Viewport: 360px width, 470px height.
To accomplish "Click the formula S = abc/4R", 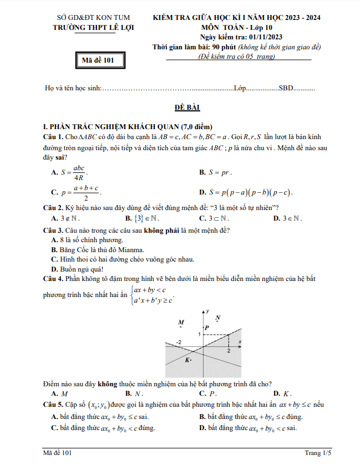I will [x=74, y=173].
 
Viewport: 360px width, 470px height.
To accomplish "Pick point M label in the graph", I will [x=180, y=322].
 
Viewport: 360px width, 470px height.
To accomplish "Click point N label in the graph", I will [x=218, y=318].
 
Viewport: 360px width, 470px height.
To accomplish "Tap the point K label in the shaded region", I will [x=187, y=360].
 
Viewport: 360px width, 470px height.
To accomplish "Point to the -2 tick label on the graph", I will [x=179, y=343].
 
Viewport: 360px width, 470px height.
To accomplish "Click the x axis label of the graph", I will [x=239, y=341].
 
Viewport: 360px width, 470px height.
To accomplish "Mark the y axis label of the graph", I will [x=207, y=311].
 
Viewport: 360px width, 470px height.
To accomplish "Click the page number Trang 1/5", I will [x=318, y=453].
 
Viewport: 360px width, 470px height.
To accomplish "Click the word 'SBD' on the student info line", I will [x=285, y=88].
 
